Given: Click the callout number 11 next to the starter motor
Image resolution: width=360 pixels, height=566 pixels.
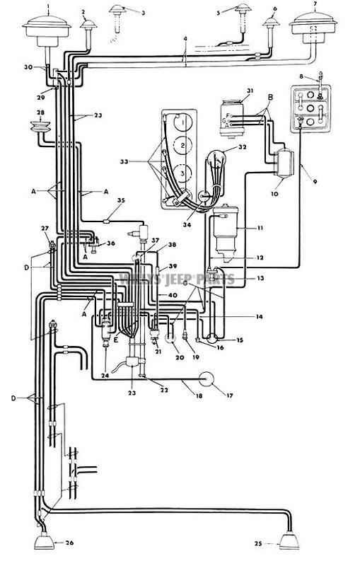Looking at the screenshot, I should pyautogui.click(x=240, y=228).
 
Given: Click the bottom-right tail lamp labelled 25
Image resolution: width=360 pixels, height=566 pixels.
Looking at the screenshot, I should pyautogui.click(x=290, y=541).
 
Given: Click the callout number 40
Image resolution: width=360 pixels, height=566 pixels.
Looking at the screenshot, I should pyautogui.click(x=173, y=294).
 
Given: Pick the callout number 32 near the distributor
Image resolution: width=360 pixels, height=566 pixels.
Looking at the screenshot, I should pyautogui.click(x=243, y=149).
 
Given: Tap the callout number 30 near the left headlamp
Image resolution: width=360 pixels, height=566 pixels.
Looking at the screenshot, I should pyautogui.click(x=28, y=67).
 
